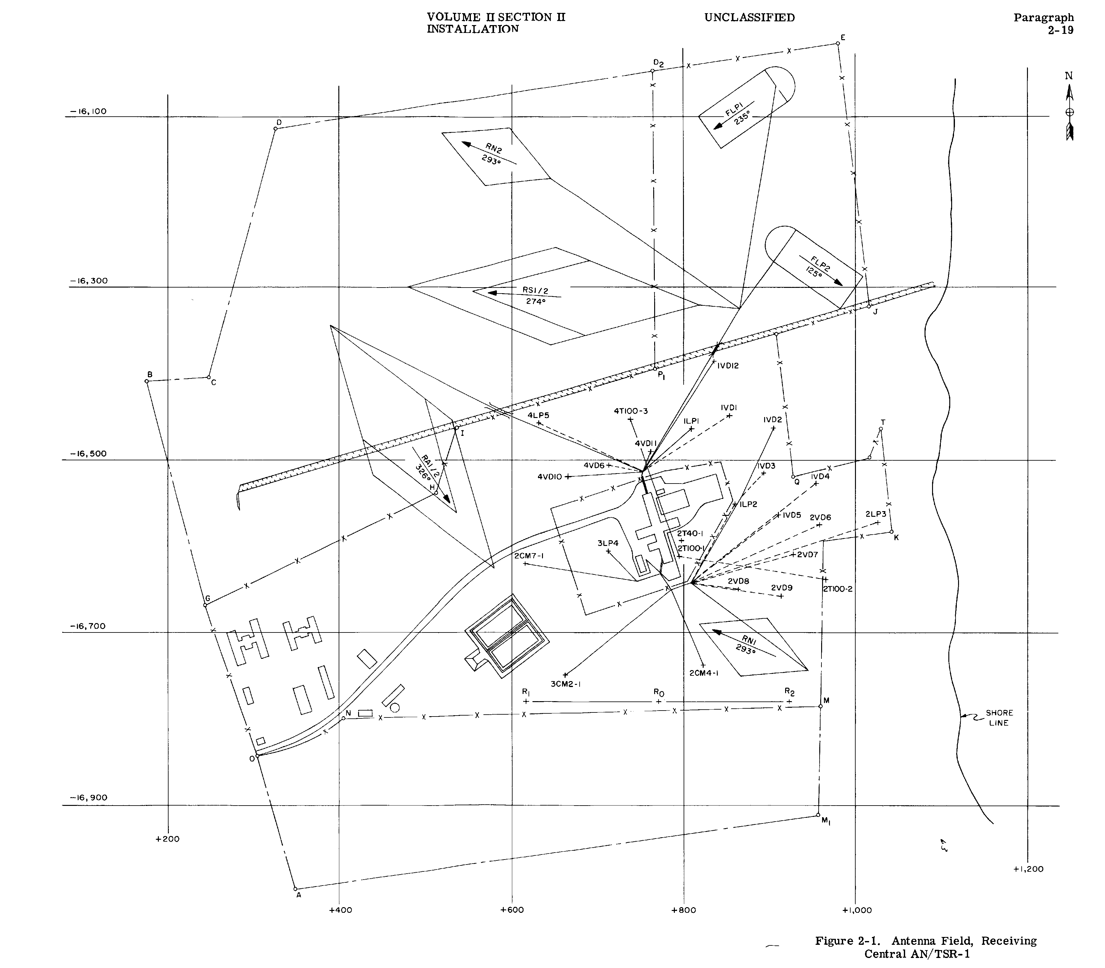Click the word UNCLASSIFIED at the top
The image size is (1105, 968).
click(749, 18)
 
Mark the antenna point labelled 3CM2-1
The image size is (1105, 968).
click(565, 675)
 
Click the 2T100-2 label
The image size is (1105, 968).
click(838, 589)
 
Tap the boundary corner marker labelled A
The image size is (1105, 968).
click(295, 889)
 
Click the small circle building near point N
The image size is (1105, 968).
click(395, 708)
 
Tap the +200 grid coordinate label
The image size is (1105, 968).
click(167, 839)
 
